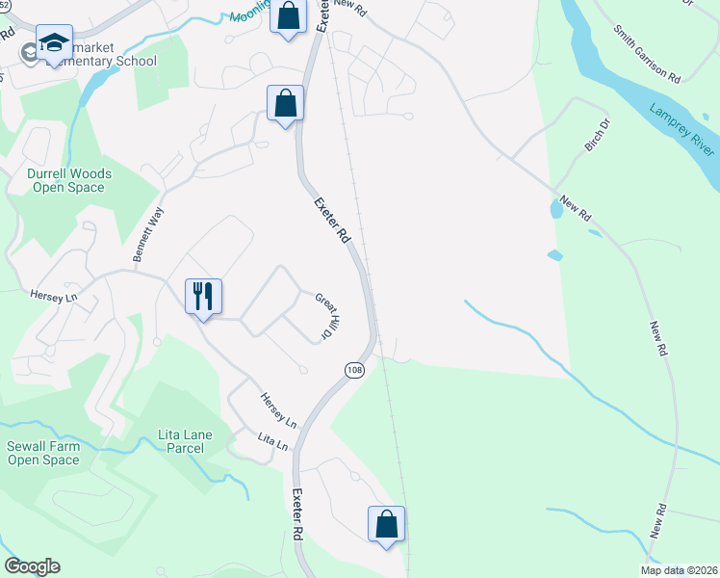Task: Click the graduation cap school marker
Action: pyautogui.click(x=55, y=44)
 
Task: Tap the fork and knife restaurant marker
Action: pyautogui.click(x=203, y=296)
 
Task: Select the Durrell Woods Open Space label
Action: pyautogui.click(x=69, y=180)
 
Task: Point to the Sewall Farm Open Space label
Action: pyautogui.click(x=43, y=453)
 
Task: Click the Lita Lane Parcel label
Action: pyautogui.click(x=181, y=441)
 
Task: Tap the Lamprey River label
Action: pyautogui.click(x=681, y=130)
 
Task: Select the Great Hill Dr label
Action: pyautogui.click(x=323, y=316)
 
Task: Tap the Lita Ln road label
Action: pyautogui.click(x=272, y=442)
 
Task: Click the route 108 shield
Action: pyautogui.click(x=354, y=370)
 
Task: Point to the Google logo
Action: pyautogui.click(x=32, y=566)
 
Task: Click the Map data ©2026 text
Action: pyautogui.click(x=678, y=570)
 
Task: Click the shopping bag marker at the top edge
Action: pyautogui.click(x=288, y=16)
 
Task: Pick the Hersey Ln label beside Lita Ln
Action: pyautogui.click(x=278, y=410)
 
